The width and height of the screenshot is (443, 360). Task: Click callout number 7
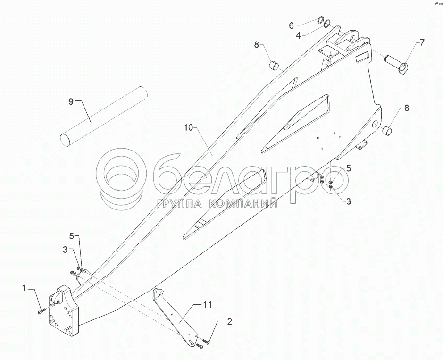(x=422, y=43)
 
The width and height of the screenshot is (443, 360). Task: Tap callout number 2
(x=229, y=322)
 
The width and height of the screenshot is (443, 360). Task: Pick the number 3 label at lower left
(x=65, y=249)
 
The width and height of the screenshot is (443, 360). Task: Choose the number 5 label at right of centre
(x=348, y=168)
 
